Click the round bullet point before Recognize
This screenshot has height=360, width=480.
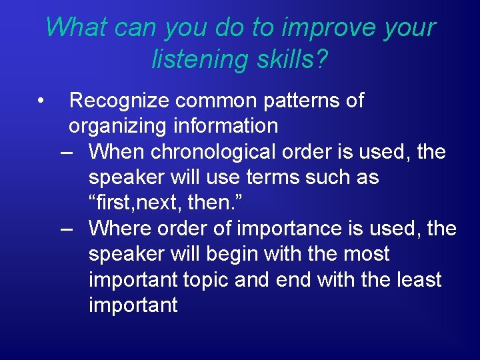pyautogui.click(x=41, y=101)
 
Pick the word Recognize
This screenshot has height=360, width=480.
pyautogui.click(x=119, y=101)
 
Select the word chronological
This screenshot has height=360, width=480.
pyautogui.click(x=212, y=152)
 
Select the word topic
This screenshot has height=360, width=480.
pyautogui.click(x=205, y=279)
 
